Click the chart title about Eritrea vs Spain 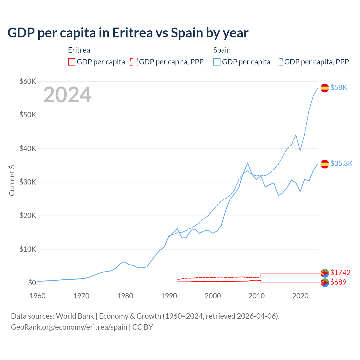click(128, 33)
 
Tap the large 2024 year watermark click(67, 95)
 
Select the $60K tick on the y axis click(28, 82)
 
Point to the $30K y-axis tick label click(28, 182)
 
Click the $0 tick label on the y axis click(32, 283)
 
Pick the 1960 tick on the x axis click(38, 296)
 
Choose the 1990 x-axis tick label click(169, 296)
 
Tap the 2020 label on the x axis click(300, 296)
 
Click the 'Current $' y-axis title click(12, 181)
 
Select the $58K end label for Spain click(339, 88)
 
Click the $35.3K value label click(341, 164)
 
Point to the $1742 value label click(340, 273)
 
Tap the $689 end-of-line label click(338, 282)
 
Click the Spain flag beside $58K click(325, 88)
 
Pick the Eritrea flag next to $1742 click(325, 273)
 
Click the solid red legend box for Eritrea click(72, 62)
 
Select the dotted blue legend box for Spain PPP click(279, 62)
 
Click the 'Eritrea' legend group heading click(79, 50)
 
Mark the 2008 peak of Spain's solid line click(247, 163)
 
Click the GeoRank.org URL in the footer click(69, 327)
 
